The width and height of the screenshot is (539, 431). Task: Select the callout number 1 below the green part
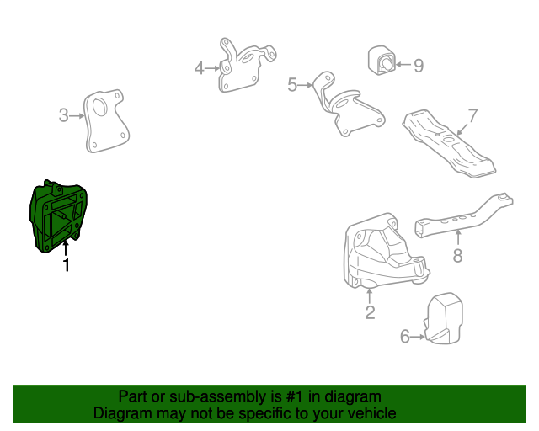tap(66, 266)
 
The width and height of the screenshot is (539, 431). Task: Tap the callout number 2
tap(370, 314)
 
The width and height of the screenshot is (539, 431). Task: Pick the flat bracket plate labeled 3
tap(106, 123)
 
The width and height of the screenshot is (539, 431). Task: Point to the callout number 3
tap(63, 115)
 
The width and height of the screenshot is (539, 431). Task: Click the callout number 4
tap(199, 67)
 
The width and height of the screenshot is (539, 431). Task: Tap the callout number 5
tap(292, 84)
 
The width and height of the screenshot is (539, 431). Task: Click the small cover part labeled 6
tap(446, 318)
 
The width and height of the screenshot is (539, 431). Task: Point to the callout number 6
tap(404, 338)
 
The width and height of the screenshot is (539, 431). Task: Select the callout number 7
tap(472, 114)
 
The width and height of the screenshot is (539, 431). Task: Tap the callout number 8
tap(457, 256)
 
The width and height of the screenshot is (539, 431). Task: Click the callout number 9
tap(419, 65)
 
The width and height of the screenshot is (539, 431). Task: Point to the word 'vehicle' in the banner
tap(368, 413)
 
